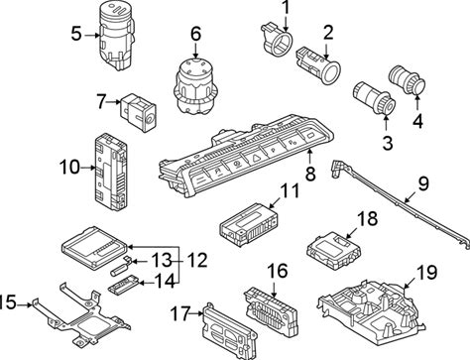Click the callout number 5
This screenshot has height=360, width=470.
point(76,34)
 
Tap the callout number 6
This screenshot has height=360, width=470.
point(195,34)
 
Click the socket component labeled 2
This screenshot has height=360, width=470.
point(317,65)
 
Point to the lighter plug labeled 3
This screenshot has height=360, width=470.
point(374,96)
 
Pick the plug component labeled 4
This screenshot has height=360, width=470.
point(408,79)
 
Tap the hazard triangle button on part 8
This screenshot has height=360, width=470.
point(256,159)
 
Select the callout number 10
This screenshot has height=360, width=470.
point(69,167)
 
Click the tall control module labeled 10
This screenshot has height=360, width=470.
point(110,172)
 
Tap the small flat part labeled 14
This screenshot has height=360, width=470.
point(125,284)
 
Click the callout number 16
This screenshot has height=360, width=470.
point(278,271)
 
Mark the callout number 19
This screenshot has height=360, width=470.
point(426,272)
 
